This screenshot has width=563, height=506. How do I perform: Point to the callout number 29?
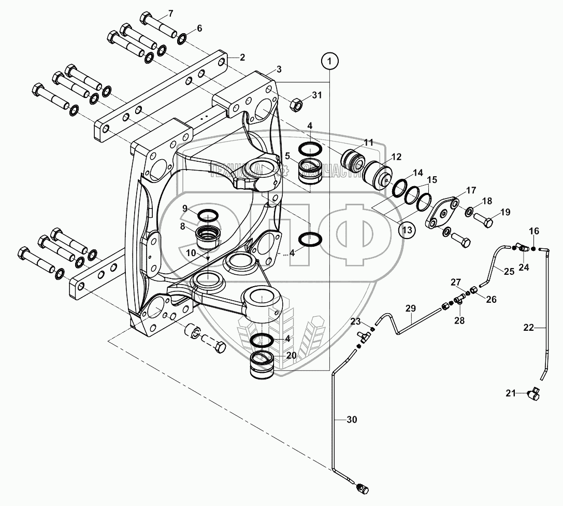pos(410,308)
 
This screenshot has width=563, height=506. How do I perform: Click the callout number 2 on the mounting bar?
pos(242,57)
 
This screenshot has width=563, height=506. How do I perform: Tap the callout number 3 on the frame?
pos(279,69)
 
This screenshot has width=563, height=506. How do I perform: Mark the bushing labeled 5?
pos(311,171)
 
